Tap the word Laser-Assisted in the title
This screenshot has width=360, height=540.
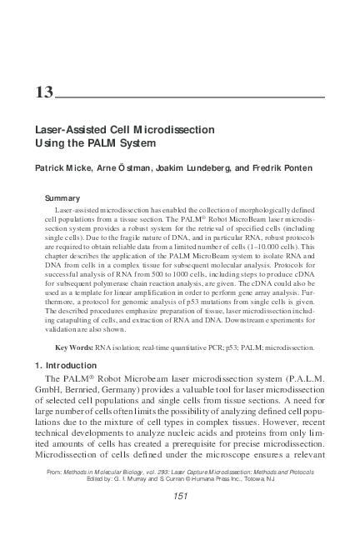(68, 131)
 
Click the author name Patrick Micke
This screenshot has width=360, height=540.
(61, 167)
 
